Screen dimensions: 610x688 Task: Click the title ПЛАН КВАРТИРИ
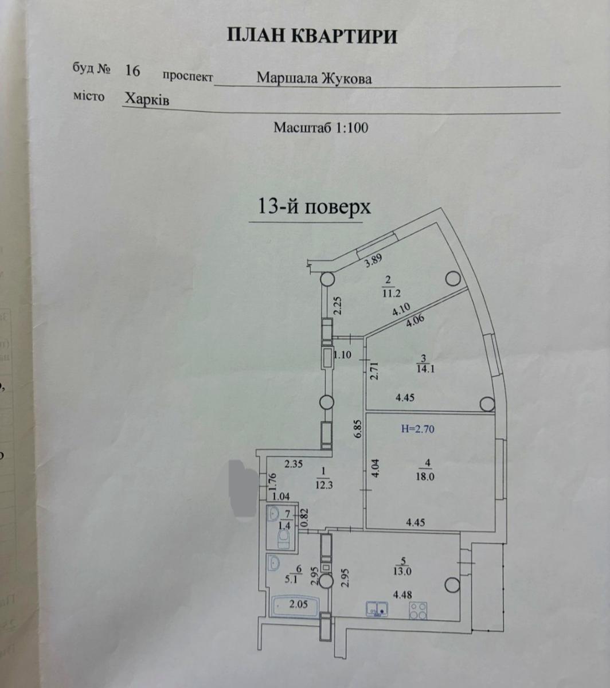(312, 36)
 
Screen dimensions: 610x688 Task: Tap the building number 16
(132, 71)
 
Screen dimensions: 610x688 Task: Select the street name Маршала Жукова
(314, 79)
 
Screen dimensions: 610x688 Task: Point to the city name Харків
(147, 100)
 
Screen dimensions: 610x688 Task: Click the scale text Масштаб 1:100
(321, 128)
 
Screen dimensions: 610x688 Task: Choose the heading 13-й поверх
(314, 206)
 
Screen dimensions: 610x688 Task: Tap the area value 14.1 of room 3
(425, 368)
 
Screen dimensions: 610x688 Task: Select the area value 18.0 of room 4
(425, 476)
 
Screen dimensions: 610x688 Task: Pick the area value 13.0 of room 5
(402, 572)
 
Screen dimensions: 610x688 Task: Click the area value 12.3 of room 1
(324, 485)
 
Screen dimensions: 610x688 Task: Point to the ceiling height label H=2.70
(418, 429)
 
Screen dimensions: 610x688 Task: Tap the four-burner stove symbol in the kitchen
(419, 611)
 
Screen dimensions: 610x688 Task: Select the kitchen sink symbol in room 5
(377, 609)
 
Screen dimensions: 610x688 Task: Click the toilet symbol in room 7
(283, 538)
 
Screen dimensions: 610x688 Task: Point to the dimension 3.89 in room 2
(373, 261)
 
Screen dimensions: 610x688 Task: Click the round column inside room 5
(452, 585)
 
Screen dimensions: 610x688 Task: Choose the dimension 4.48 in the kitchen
(402, 595)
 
